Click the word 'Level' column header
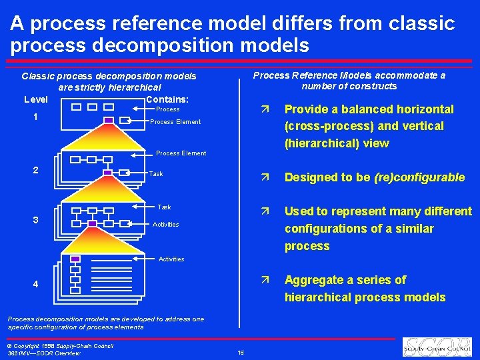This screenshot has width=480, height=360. (35, 99)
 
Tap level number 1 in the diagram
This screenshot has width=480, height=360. (35, 117)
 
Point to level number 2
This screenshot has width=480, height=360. (35, 169)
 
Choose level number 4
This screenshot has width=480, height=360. (35, 285)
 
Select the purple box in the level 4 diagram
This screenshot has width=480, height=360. (75, 259)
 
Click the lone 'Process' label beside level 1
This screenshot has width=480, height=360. (167, 109)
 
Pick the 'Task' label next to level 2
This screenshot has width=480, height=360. (156, 174)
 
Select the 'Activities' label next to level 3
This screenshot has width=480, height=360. (165, 225)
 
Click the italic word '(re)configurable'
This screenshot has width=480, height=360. (419, 177)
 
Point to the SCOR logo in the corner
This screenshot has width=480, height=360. (438, 347)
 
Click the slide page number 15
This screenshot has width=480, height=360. (241, 353)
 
